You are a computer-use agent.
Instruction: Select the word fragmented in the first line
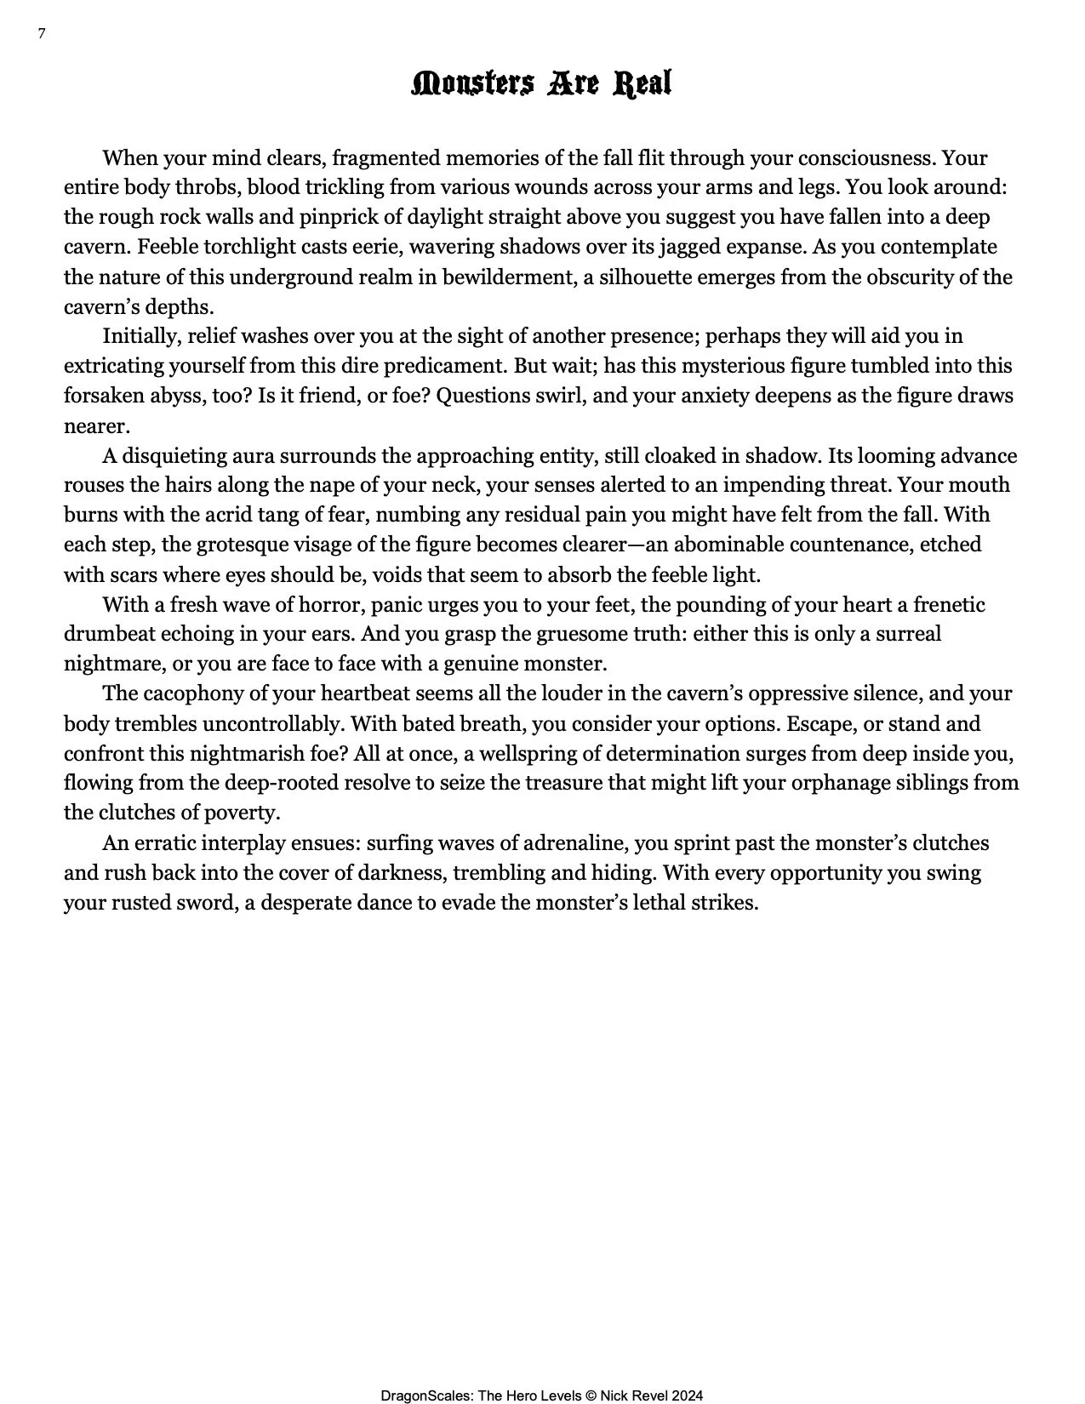(x=386, y=158)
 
